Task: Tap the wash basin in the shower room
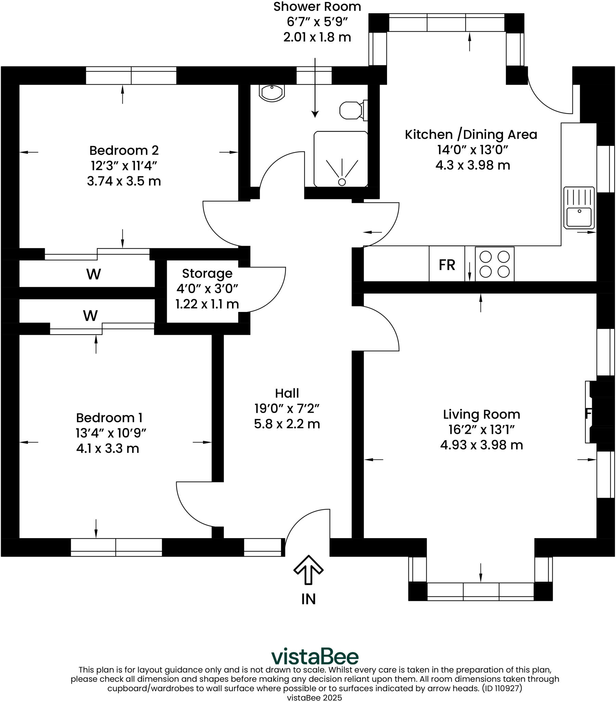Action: (x=272, y=93)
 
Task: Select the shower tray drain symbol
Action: (x=342, y=182)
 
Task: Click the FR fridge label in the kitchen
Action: (x=447, y=265)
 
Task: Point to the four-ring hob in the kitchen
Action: (x=495, y=264)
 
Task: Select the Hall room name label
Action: (x=287, y=393)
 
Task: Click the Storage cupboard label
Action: (x=207, y=274)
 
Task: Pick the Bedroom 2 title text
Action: (x=124, y=150)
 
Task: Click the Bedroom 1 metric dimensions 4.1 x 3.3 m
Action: (x=108, y=449)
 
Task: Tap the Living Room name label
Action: (x=482, y=414)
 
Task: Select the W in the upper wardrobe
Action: (x=94, y=274)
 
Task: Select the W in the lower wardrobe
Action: (x=91, y=316)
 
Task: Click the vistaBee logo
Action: (x=315, y=657)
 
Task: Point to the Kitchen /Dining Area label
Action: (x=472, y=135)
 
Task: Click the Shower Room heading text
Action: (x=317, y=7)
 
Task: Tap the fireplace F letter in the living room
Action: (x=588, y=414)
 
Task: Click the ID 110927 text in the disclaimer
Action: (x=502, y=688)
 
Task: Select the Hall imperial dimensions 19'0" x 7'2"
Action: (x=287, y=409)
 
